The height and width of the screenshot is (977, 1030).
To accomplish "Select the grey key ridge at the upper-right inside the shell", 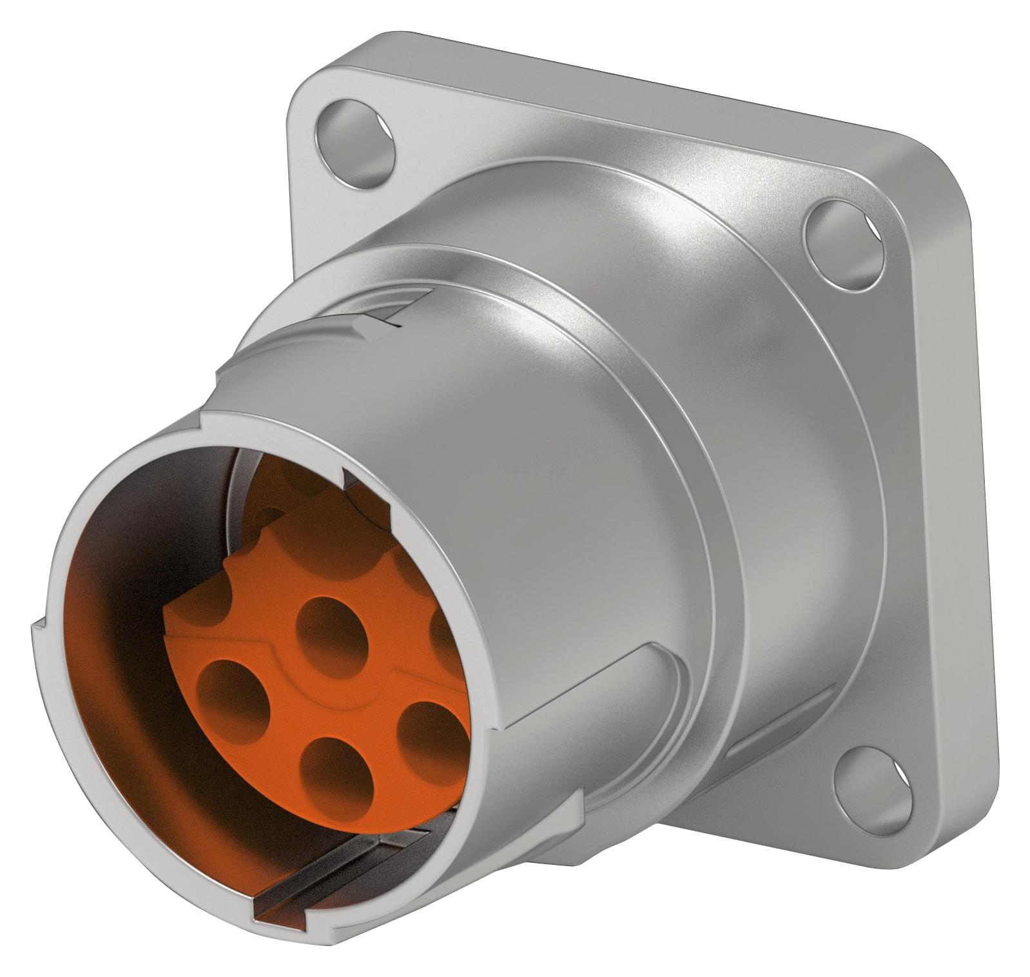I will [361, 490].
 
